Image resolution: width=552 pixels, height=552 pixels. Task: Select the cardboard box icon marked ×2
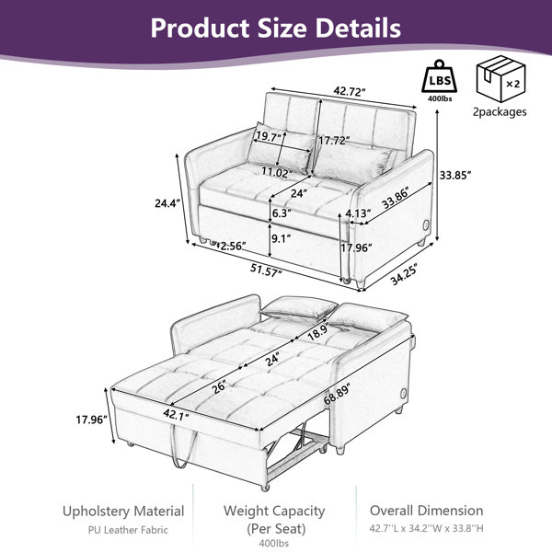pos(501,78)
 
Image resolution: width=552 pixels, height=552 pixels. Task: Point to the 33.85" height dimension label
pos(455,175)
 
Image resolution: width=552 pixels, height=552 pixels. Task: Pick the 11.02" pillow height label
pos(277,172)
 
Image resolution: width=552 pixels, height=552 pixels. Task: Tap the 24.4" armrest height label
pos(167,203)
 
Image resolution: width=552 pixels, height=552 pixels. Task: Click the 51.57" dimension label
pos(266,270)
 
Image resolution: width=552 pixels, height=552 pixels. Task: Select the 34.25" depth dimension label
pos(404,274)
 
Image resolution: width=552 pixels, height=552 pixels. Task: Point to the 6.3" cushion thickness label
pos(282,213)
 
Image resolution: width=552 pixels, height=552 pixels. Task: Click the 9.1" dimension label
pos(281,238)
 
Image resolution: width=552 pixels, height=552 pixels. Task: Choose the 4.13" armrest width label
pos(358,213)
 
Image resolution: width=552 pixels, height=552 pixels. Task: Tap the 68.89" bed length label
pos(337,394)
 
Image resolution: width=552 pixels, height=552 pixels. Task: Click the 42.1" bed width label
pos(176,415)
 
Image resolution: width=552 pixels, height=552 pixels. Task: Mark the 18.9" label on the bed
pos(318,330)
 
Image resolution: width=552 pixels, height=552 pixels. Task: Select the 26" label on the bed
pos(219,386)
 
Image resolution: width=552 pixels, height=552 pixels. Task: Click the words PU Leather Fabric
pos(128,530)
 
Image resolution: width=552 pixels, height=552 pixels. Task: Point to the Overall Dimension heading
pos(426,511)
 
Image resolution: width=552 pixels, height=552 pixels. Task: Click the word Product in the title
pos(200,29)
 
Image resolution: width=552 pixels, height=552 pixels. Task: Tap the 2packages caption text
pos(500,112)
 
